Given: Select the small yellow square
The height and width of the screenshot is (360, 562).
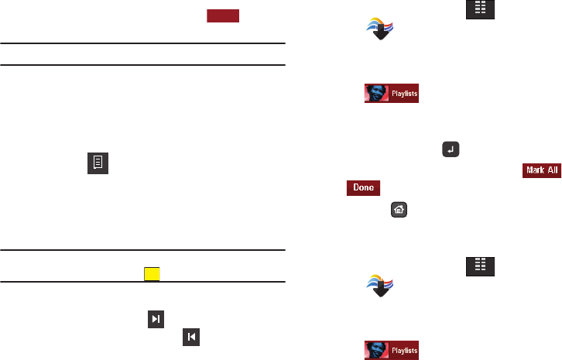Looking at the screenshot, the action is point(151,273).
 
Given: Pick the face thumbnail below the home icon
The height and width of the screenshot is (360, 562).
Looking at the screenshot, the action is point(376,350).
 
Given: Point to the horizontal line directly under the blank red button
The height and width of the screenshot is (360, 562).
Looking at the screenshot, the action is point(143,43).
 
